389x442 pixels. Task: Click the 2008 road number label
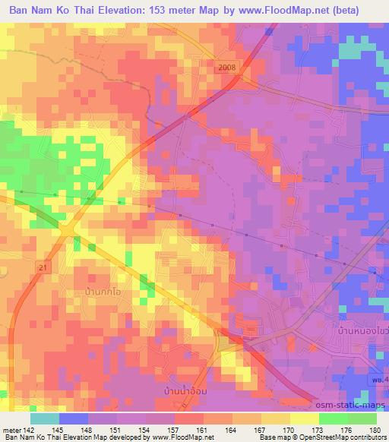226,68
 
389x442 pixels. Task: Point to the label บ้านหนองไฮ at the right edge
362,332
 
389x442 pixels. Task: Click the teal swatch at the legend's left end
44,418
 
